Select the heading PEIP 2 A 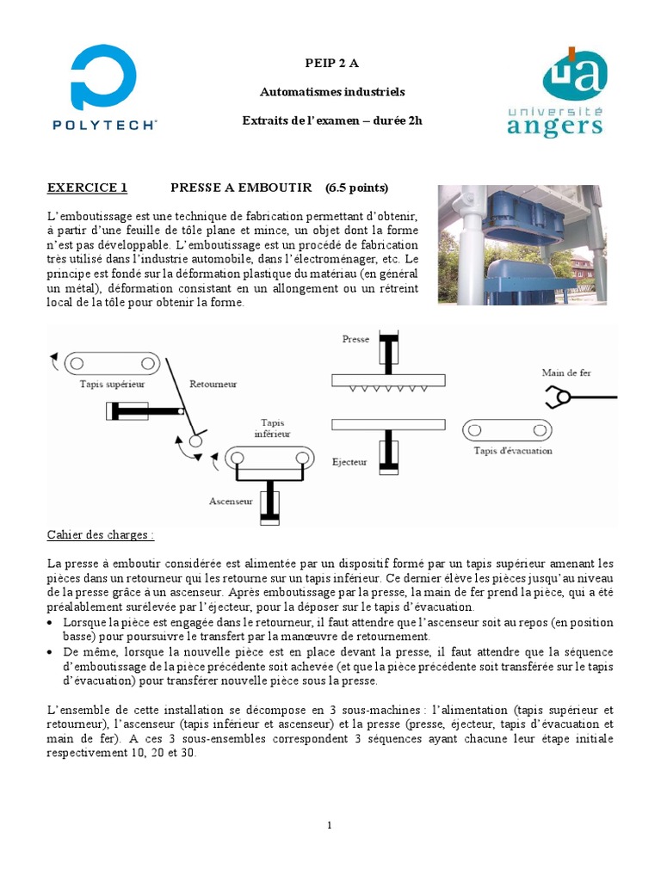pyautogui.click(x=331, y=63)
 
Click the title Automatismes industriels pyautogui.click(x=331, y=91)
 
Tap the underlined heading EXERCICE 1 pyautogui.click(x=87, y=188)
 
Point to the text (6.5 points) pyautogui.click(x=356, y=188)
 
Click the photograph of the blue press pyautogui.click(x=522, y=244)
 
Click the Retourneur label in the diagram pyautogui.click(x=213, y=384)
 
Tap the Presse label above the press pyautogui.click(x=355, y=339)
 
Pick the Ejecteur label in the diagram pyautogui.click(x=349, y=462)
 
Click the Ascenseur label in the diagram pyautogui.click(x=231, y=500)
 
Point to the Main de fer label pyautogui.click(x=565, y=373)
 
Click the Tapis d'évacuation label pyautogui.click(x=512, y=450)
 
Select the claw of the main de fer pyautogui.click(x=556, y=397)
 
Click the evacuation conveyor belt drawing pyautogui.click(x=506, y=429)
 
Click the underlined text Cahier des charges pyautogui.click(x=101, y=534)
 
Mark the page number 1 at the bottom pyautogui.click(x=330, y=825)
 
